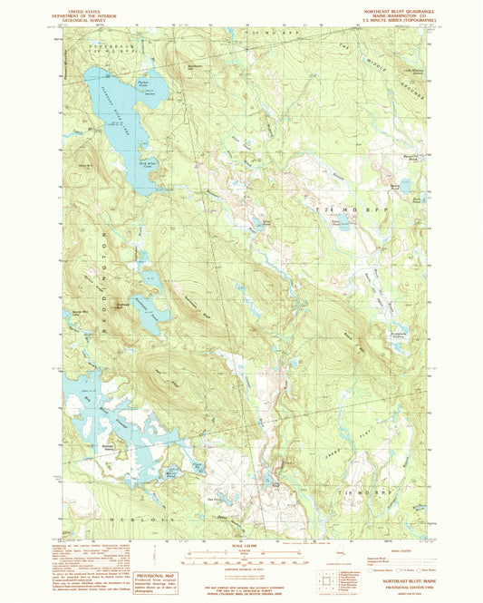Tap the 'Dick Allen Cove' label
[150, 165]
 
